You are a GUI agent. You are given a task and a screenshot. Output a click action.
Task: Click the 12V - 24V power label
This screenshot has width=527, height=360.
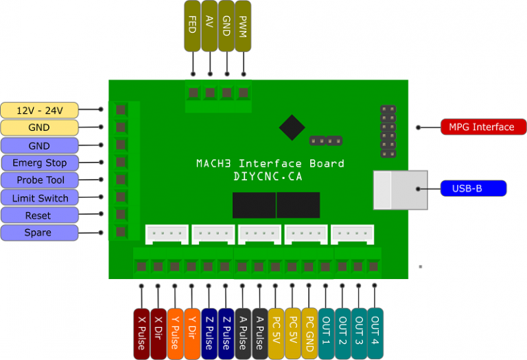(x=39, y=110)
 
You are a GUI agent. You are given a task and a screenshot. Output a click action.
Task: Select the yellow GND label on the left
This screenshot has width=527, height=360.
(x=39, y=128)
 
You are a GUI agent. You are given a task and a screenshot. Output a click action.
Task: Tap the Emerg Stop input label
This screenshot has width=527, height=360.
(x=39, y=163)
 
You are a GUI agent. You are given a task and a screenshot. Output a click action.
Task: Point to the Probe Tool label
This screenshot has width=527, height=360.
(x=39, y=180)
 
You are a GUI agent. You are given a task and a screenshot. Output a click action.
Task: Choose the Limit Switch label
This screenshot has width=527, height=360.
(x=39, y=198)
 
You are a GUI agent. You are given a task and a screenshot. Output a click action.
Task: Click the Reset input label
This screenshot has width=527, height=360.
(x=39, y=215)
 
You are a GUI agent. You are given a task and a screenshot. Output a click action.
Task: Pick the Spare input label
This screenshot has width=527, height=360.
(x=39, y=233)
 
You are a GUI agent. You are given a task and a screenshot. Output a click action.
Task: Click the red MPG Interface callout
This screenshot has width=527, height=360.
(x=482, y=127)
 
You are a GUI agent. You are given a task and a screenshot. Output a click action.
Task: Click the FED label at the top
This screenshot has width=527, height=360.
(x=193, y=25)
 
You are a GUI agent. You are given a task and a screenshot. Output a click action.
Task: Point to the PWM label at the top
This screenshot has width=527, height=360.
(x=243, y=25)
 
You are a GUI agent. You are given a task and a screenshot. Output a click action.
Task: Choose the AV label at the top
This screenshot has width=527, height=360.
(x=209, y=25)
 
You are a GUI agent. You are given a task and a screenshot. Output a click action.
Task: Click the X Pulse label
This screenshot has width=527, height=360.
(x=141, y=333)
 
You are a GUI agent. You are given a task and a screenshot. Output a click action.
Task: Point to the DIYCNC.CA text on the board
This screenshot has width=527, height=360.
(x=269, y=176)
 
